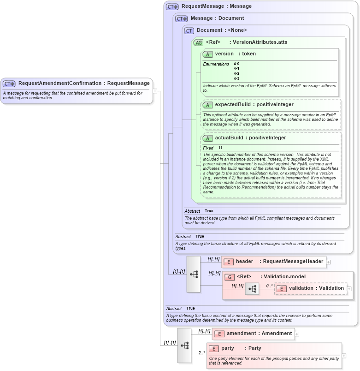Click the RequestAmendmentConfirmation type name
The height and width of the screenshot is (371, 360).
(x=60, y=84)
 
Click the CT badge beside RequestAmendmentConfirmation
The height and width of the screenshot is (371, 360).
(x=9, y=84)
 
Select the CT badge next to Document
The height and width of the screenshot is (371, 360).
(x=189, y=31)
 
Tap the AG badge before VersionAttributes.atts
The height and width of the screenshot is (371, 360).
(x=198, y=42)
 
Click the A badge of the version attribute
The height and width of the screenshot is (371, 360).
(x=207, y=54)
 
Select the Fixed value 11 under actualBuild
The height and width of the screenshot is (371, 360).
(x=220, y=148)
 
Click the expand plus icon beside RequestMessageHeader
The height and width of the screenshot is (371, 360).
(x=328, y=262)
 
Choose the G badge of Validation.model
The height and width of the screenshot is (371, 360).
(x=229, y=277)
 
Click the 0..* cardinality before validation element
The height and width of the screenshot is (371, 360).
(x=269, y=285)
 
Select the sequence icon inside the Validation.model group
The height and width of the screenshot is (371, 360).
(x=252, y=289)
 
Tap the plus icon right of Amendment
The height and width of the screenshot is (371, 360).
(x=297, y=334)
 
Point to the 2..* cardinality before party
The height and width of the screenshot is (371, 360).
(x=201, y=353)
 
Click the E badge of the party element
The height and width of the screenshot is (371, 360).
(x=213, y=349)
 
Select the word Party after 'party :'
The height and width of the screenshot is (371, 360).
(x=254, y=348)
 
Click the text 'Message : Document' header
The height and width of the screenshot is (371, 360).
(x=217, y=18)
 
